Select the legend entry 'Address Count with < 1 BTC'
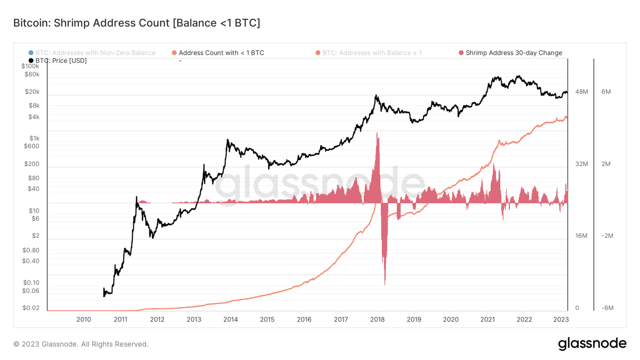coord(221,53)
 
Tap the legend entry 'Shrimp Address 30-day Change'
coord(514,53)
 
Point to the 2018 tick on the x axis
coord(378,319)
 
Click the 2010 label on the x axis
coord(84,319)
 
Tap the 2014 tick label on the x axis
coord(230,319)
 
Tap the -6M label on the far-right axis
coord(607,308)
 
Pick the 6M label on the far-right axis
coord(606,92)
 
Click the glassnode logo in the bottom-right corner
coord(592,344)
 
